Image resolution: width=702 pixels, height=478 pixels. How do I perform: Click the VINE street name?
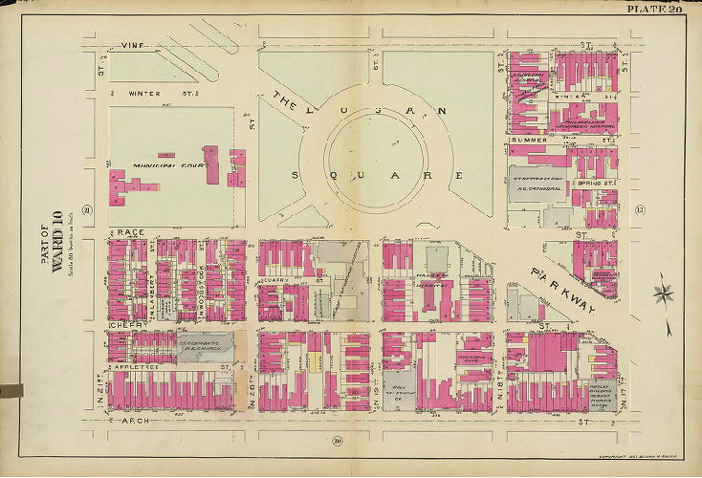click(x=132, y=45)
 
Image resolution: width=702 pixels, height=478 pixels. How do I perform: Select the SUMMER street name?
click(x=529, y=141)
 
